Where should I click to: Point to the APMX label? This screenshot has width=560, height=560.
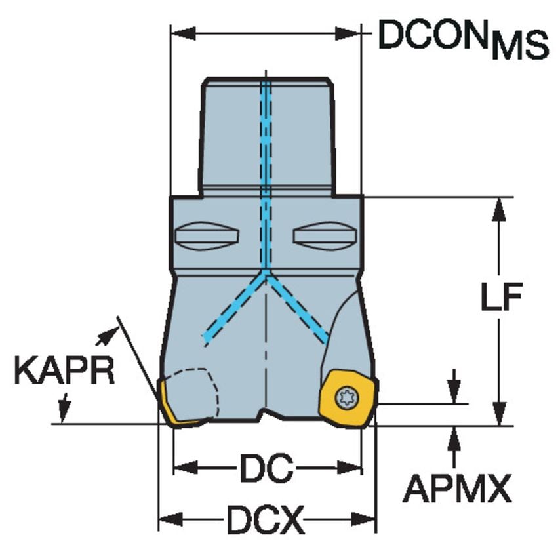pos(456,489)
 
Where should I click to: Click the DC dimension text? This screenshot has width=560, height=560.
pos(266,468)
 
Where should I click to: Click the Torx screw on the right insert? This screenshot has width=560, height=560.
pos(345,397)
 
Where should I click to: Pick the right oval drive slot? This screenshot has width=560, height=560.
pos(327,235)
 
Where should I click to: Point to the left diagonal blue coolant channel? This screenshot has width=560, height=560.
pos(233,308)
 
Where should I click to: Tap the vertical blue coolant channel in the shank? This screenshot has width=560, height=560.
pos(266,164)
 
